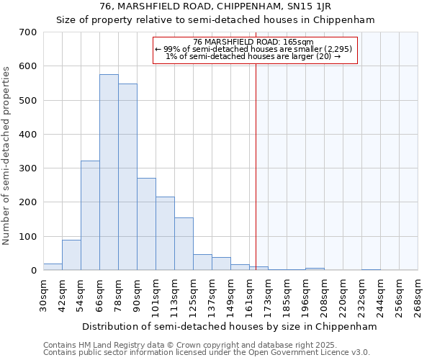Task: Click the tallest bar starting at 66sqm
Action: coord(109,173)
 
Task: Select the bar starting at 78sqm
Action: coord(127,177)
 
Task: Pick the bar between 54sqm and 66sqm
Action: coord(90,216)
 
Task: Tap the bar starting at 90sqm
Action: coord(146,224)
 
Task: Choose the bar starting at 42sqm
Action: coord(71,255)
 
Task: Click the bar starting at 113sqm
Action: coord(184,244)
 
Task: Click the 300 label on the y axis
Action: coord(28,168)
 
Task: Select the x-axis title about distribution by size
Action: coord(230,326)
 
